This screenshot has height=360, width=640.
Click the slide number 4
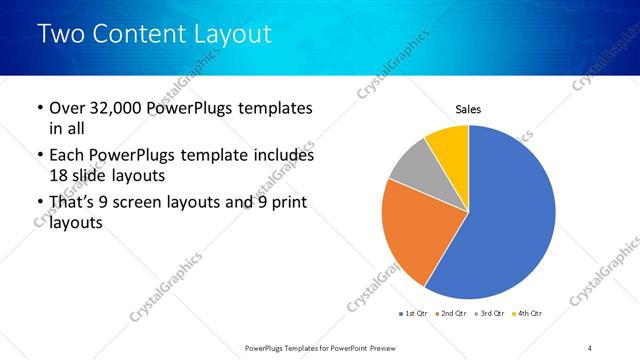(x=590, y=347)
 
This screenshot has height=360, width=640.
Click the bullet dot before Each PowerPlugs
(x=39, y=157)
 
